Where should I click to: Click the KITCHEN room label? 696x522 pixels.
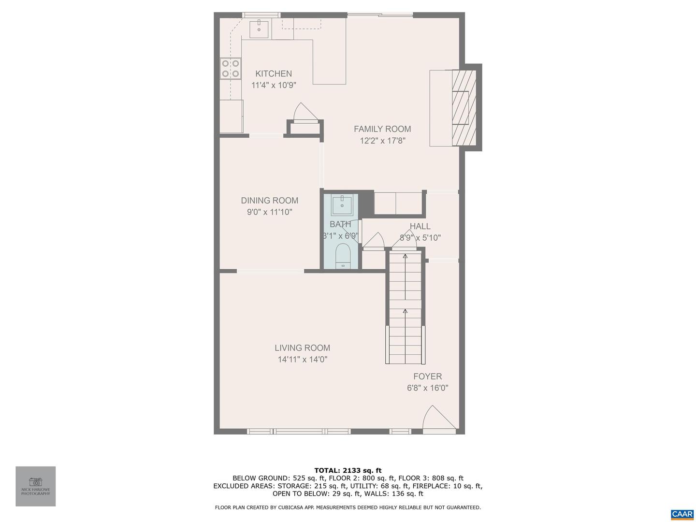click(x=274, y=73)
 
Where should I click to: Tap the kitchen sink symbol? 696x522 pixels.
click(x=259, y=29)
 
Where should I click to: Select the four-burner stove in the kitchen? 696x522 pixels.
click(x=231, y=68)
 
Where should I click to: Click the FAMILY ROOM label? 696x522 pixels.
click(x=382, y=129)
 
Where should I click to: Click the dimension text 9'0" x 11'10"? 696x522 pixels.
click(x=270, y=212)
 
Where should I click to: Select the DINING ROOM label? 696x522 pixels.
click(x=270, y=200)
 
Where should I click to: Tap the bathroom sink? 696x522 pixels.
click(x=342, y=204)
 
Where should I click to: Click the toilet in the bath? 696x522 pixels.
click(x=343, y=256)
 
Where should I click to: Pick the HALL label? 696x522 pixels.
click(x=420, y=226)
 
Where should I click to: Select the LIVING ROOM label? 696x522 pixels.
click(x=303, y=348)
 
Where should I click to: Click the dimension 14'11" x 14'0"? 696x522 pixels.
click(x=303, y=359)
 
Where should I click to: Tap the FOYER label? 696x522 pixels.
click(x=427, y=376)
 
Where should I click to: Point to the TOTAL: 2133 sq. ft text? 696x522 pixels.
click(x=348, y=470)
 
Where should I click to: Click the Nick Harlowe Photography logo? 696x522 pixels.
click(x=36, y=486)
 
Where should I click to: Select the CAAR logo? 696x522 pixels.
click(x=682, y=514)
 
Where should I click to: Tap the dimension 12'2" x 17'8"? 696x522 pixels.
click(x=382, y=141)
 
